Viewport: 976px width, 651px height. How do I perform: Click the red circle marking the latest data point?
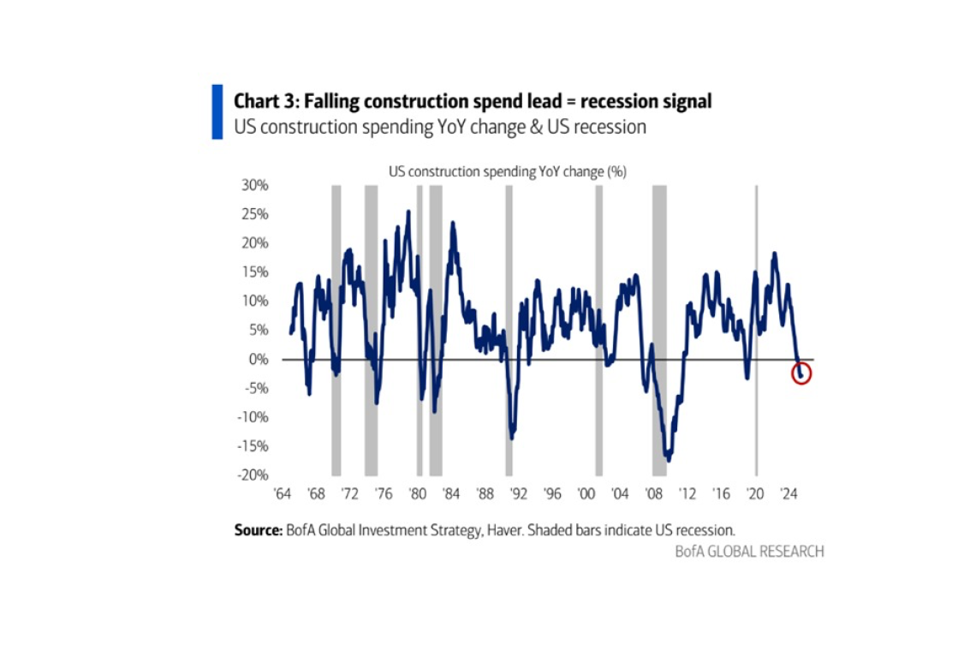point(800,374)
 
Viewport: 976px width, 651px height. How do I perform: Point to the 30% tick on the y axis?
point(255,185)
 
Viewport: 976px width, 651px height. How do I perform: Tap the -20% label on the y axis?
point(253,475)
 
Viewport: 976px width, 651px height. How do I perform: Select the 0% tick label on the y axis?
point(259,360)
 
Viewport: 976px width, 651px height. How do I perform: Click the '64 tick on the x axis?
point(281,494)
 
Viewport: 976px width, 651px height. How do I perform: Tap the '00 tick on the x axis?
point(586,494)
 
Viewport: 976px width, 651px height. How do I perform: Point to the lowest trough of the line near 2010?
point(668,459)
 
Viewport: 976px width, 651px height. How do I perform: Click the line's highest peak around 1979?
point(408,212)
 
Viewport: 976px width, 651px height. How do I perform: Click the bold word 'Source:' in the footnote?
point(258,530)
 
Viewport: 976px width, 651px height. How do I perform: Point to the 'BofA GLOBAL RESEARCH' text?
point(749,552)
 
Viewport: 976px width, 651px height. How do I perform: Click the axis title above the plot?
point(508,171)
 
